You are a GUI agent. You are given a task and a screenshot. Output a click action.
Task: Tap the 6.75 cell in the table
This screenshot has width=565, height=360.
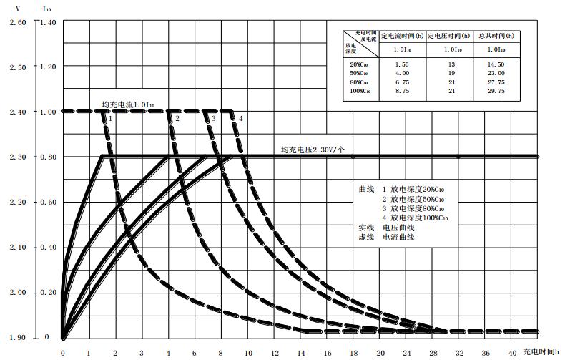coord(402,82)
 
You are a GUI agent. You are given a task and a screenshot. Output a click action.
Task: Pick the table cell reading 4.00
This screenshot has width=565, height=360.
coord(402,73)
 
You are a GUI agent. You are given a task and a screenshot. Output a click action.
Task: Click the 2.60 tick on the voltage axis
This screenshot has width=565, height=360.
coord(16,22)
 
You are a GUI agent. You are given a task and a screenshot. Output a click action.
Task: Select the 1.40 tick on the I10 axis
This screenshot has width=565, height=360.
coord(47,22)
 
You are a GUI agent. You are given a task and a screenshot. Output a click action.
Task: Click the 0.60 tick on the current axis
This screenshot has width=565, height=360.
coord(47,203)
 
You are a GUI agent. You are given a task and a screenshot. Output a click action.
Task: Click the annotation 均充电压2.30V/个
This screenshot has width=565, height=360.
coord(313,150)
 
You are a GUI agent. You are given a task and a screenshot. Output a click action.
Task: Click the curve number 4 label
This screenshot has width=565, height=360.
coord(241,118)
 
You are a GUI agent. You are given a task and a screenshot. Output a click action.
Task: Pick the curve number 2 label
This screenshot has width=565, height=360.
coord(177,118)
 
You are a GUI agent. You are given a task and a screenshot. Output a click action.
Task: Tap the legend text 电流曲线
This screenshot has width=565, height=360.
coord(399,237)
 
